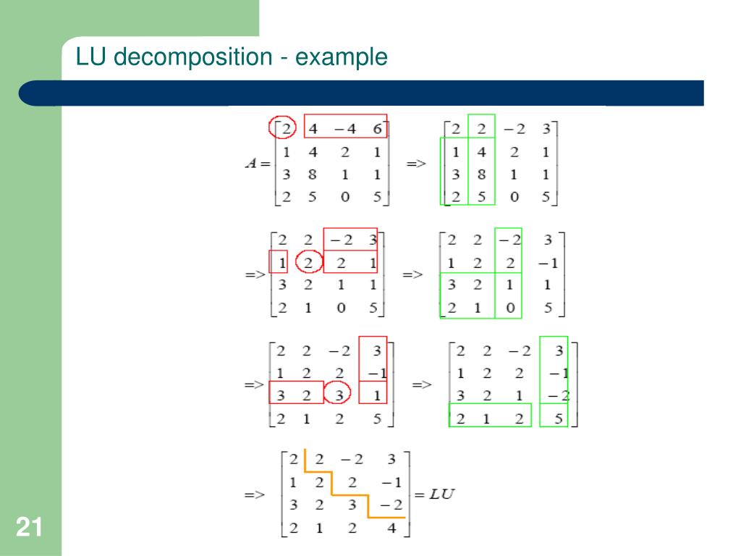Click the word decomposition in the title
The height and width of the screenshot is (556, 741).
point(189,57)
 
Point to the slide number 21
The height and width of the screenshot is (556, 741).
point(29,528)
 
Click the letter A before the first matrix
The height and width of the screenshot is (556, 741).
point(251,164)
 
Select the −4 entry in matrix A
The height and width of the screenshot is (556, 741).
point(344,130)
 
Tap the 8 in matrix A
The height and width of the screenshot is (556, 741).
point(313,174)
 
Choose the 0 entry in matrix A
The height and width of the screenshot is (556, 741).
point(344,196)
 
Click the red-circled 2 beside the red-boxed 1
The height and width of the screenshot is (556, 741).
point(309,261)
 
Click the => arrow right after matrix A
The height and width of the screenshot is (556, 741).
point(415,164)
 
